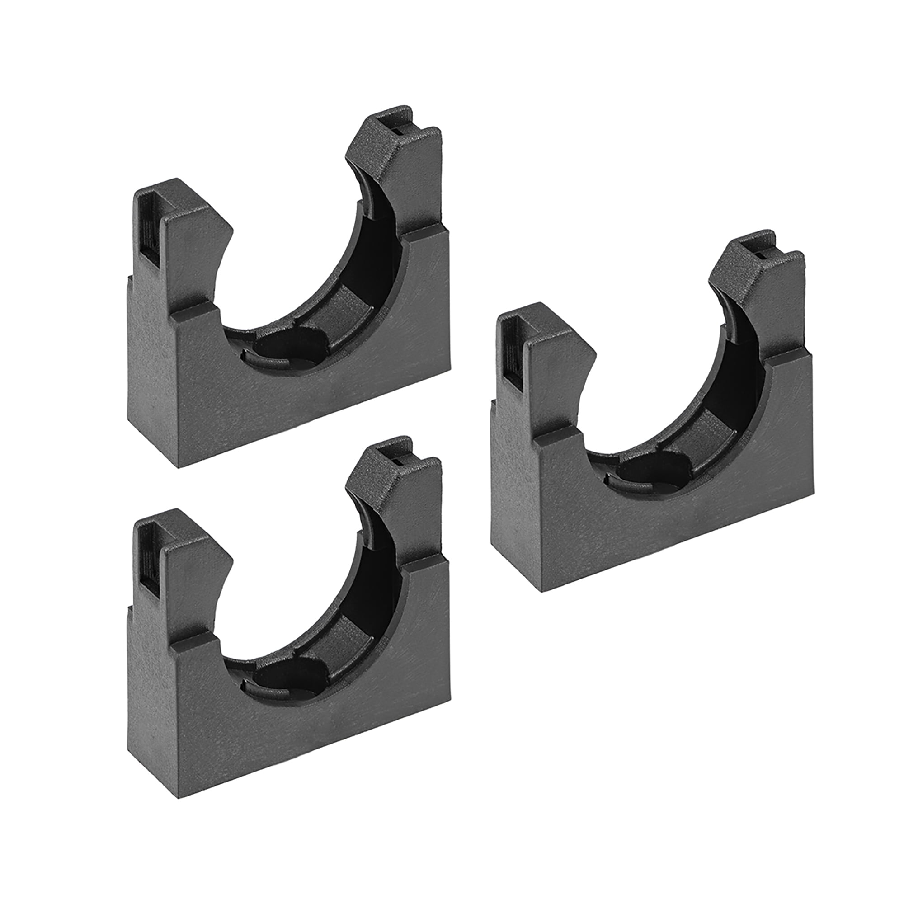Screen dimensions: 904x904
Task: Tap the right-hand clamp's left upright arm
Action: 552,384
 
